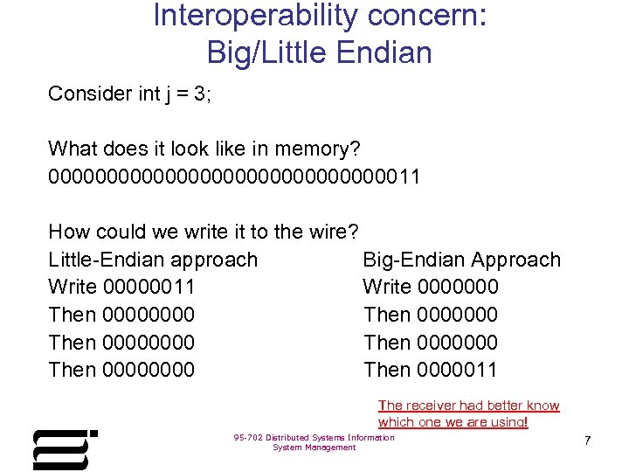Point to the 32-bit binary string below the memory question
(x=234, y=177)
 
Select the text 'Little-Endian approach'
(x=153, y=260)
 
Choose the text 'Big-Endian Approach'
(x=461, y=260)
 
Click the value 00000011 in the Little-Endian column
(x=149, y=287)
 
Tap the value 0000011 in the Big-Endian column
(x=458, y=370)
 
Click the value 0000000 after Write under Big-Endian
(x=459, y=287)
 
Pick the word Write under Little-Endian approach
(x=73, y=287)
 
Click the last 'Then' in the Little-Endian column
(x=73, y=370)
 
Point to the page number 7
(x=587, y=441)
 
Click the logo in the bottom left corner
(x=63, y=449)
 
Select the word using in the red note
(x=507, y=422)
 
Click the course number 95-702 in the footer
(x=249, y=438)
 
